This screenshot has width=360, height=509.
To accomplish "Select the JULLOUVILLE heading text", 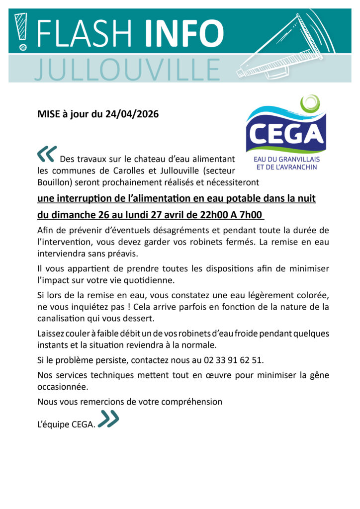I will tap(127, 69).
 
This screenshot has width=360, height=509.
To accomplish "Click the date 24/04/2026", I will tap(132, 114).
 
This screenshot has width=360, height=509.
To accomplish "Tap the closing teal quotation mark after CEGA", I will tap(108, 419).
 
